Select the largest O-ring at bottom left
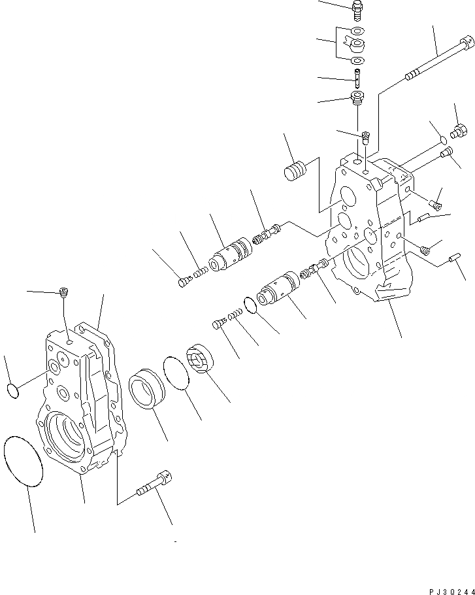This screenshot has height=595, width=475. point(24,462)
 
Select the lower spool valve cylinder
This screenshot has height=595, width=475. point(278,290)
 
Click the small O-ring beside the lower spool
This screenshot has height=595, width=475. point(249,305)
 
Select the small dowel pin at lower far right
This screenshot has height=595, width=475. point(451,262)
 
